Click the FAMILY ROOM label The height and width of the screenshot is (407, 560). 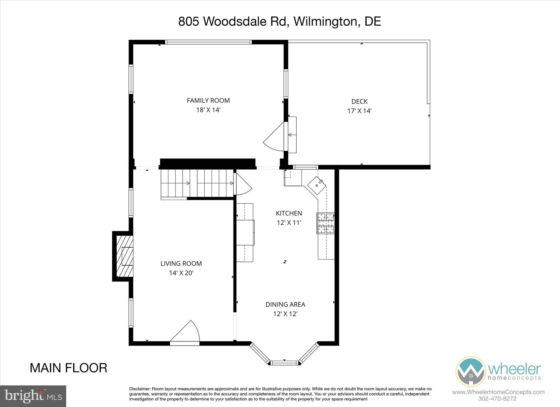208,100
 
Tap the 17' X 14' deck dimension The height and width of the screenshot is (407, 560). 359,111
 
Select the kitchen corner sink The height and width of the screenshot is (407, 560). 317,185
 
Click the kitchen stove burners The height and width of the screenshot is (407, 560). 326,223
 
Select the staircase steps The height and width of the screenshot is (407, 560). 197,183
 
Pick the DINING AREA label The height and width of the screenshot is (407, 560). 285,304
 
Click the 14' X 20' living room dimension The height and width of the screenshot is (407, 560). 181,273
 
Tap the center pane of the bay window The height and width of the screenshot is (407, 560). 284,363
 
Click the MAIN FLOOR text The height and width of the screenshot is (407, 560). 68,368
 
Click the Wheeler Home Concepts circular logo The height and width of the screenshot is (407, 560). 471,371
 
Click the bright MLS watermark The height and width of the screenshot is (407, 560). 33,396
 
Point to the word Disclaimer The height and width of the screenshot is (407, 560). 140,389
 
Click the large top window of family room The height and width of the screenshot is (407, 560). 208,42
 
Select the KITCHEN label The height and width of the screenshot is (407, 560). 289,213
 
